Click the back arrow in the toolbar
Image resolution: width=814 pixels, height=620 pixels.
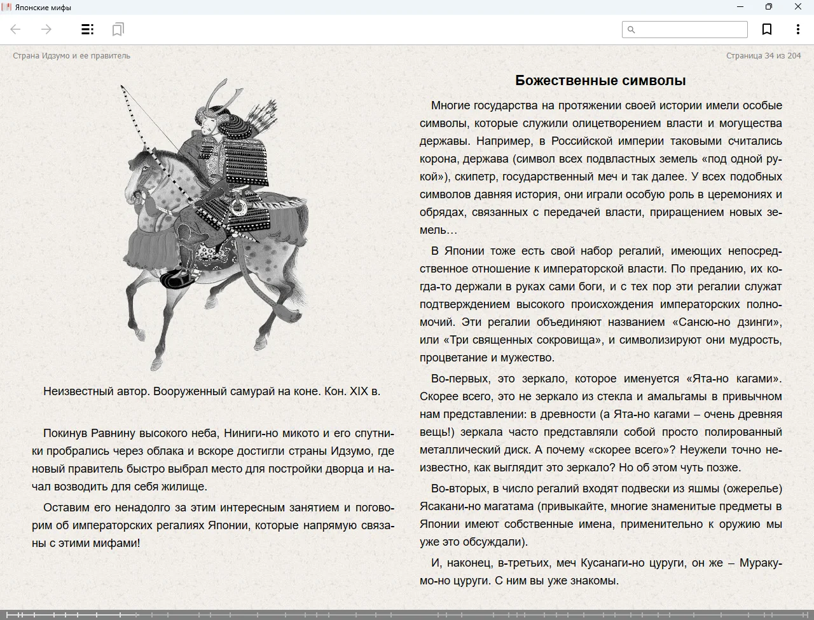point(16,29)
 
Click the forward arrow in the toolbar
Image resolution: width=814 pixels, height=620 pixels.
point(46,29)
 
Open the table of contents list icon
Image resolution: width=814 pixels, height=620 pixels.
point(88,29)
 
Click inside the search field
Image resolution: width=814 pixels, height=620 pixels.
point(691,29)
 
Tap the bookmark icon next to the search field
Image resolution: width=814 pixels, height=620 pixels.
point(767,29)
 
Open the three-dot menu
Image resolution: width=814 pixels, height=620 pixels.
point(797,29)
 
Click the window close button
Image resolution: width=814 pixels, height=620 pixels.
point(798,7)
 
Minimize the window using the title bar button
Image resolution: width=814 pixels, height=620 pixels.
point(740,7)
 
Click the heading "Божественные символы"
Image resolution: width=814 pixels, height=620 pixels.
point(600,81)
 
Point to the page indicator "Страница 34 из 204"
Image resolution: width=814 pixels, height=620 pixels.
point(763,56)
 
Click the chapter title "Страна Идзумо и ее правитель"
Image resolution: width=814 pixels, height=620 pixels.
point(71,56)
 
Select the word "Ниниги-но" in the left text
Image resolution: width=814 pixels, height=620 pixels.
point(249,433)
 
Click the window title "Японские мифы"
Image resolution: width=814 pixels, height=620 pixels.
point(43,8)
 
